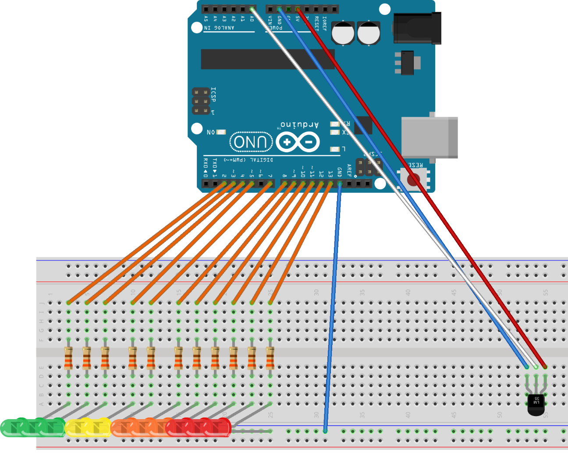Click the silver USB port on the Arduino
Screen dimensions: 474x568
(430, 137)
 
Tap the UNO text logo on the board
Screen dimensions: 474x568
(251, 142)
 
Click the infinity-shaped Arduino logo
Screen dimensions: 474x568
(298, 142)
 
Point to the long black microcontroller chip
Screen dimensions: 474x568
(267, 59)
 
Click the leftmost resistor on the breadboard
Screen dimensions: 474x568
(68, 358)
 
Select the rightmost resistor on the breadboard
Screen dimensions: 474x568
(270, 358)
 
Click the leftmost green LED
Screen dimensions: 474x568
(11, 428)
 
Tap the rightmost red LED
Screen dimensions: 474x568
(221, 427)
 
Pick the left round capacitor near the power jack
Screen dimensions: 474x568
(343, 33)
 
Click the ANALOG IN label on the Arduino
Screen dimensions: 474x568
(219, 28)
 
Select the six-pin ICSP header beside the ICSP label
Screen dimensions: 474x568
(201, 101)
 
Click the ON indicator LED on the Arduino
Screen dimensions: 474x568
(221, 132)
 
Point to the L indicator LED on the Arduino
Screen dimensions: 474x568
(335, 149)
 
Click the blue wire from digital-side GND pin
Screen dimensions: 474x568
(332, 307)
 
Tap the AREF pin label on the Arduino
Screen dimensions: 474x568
(349, 170)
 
